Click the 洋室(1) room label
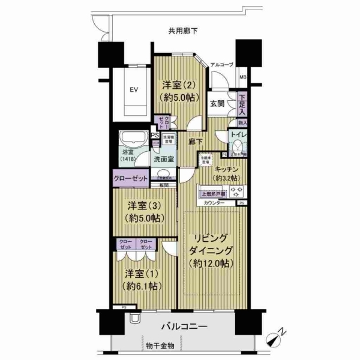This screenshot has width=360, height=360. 143,280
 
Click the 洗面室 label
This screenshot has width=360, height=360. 163,160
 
